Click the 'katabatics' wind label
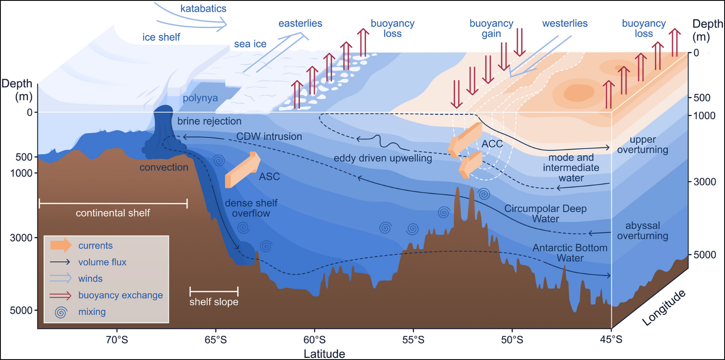tap(203, 9)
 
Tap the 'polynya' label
tap(200, 98)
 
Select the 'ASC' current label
tap(269, 177)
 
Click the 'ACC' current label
tap(492, 144)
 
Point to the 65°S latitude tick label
tap(216, 340)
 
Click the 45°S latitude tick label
tap(611, 340)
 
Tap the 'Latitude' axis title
tap(324, 354)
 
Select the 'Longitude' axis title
tap(664, 308)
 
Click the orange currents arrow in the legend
tap(61, 245)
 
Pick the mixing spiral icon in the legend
tap(61, 312)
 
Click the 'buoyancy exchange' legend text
tap(120, 295)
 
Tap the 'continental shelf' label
tap(113, 213)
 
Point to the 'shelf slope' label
tap(214, 302)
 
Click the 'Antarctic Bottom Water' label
tap(570, 253)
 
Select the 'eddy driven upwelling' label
tap(383, 159)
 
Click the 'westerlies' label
tap(565, 23)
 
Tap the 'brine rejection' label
tap(209, 121)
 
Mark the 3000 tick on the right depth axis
tap(705, 182)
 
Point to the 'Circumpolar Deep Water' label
tap(545, 214)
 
